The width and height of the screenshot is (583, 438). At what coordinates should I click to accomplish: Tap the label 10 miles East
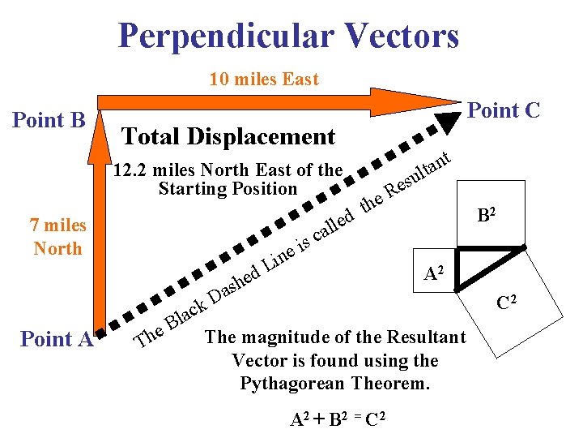pyautogui.click(x=263, y=79)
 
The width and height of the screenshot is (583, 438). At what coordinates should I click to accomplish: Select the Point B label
pyautogui.click(x=49, y=121)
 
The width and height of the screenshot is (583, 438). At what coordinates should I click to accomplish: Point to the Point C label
pyautogui.click(x=504, y=110)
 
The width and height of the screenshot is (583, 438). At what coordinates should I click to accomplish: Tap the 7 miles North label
pyautogui.click(x=58, y=237)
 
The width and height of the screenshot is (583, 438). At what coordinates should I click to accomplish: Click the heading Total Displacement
pyautogui.click(x=228, y=136)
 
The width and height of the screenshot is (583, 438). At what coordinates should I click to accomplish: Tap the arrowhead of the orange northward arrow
pyautogui.click(x=100, y=131)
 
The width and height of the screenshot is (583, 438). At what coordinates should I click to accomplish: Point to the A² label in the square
pyautogui.click(x=435, y=273)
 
